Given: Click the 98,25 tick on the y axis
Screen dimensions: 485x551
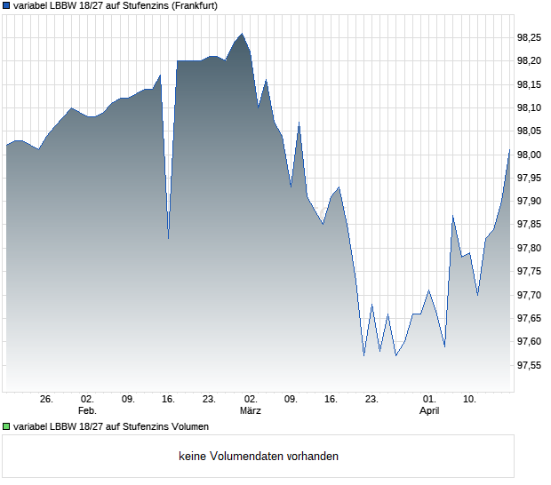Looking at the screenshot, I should (x=529, y=37).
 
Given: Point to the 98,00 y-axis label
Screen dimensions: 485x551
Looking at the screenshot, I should (x=529, y=155).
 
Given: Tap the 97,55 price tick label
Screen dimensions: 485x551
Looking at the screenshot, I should (x=529, y=365).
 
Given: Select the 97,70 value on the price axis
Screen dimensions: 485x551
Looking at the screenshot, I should (x=529, y=295).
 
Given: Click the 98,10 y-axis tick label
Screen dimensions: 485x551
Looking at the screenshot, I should (x=529, y=107).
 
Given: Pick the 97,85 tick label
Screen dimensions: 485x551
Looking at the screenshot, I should (x=529, y=225).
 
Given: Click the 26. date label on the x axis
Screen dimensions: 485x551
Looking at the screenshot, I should (x=47, y=400).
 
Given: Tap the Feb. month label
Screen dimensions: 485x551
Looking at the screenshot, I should (x=87, y=411).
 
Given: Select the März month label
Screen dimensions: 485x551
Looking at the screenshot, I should (x=251, y=411).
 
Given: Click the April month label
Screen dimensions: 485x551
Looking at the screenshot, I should (x=429, y=411).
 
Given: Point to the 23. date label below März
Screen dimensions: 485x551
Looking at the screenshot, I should (x=372, y=400).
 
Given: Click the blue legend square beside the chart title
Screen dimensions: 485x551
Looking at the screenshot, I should (x=6, y=5).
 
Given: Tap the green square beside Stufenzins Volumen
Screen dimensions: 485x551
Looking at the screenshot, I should (x=6, y=427).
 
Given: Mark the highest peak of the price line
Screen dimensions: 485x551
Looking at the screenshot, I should (x=242, y=34).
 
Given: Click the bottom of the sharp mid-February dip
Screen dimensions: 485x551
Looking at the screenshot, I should (x=168, y=238).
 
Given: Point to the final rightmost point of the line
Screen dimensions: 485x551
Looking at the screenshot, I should (x=509, y=150).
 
